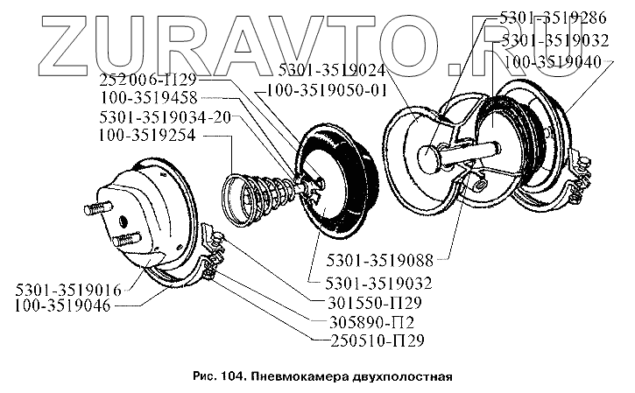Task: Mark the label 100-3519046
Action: pos(61,306)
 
